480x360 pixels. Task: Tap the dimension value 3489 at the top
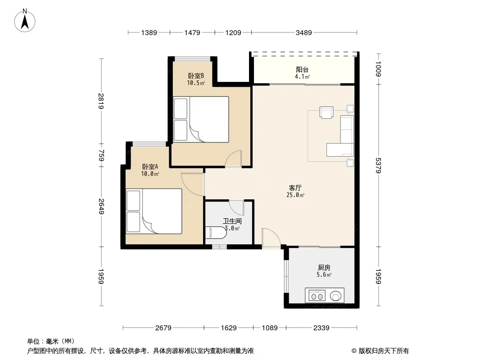303,32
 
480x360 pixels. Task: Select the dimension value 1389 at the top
149,32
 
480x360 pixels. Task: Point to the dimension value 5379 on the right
378,166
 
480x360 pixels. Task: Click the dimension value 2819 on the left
101,101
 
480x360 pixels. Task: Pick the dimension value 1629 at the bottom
229,328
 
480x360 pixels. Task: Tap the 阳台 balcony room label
302,70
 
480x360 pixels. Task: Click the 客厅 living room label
295,188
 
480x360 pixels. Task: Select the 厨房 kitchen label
324,268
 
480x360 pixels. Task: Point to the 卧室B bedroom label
196,76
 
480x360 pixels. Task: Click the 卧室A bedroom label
150,166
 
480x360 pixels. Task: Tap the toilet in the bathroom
216,233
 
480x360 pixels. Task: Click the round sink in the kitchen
336,296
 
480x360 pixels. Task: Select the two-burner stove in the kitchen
317,296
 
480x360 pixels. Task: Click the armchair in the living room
326,112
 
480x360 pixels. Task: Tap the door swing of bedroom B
234,158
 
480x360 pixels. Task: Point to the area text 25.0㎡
295,195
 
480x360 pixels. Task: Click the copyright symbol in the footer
354,351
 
